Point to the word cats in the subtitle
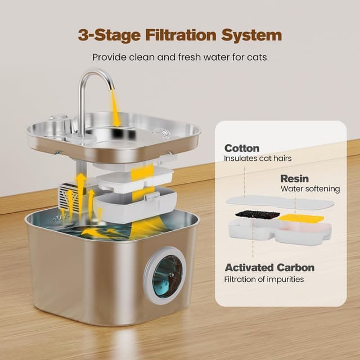pos(254,57)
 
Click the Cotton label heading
pos(241,148)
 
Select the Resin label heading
pos(294,178)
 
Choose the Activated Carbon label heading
pos(269,267)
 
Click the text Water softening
pos(310,189)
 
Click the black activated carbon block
pos(256,214)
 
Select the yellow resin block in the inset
pos(301,218)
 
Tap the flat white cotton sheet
pos(280,202)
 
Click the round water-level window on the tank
pos(167,275)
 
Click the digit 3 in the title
pos(84,35)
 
